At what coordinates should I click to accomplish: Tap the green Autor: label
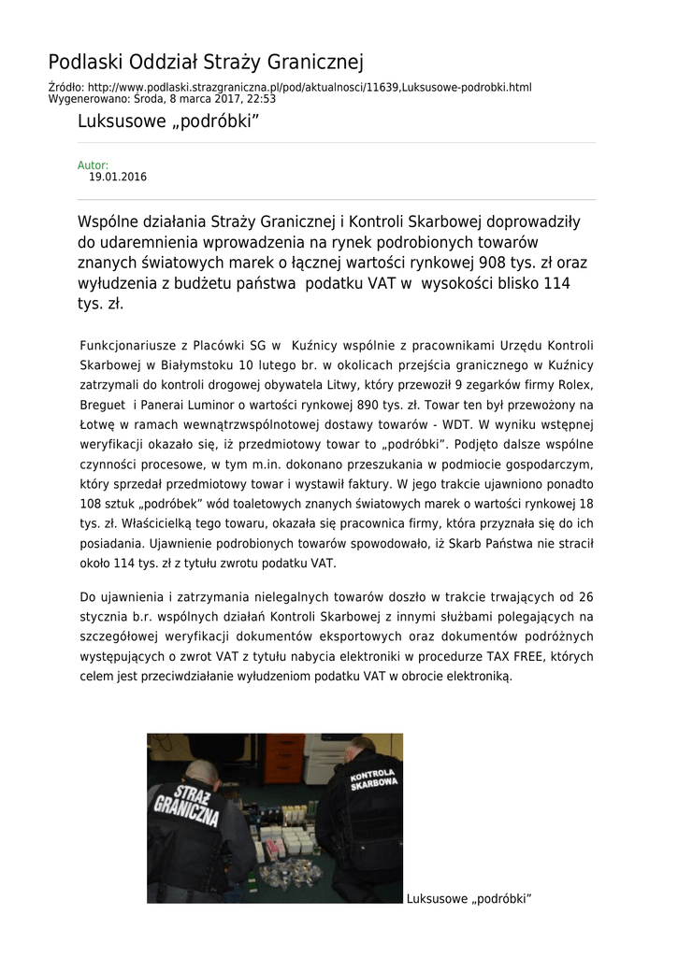93,165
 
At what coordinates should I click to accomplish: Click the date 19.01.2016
118,177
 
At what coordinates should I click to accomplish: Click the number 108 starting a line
93,504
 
